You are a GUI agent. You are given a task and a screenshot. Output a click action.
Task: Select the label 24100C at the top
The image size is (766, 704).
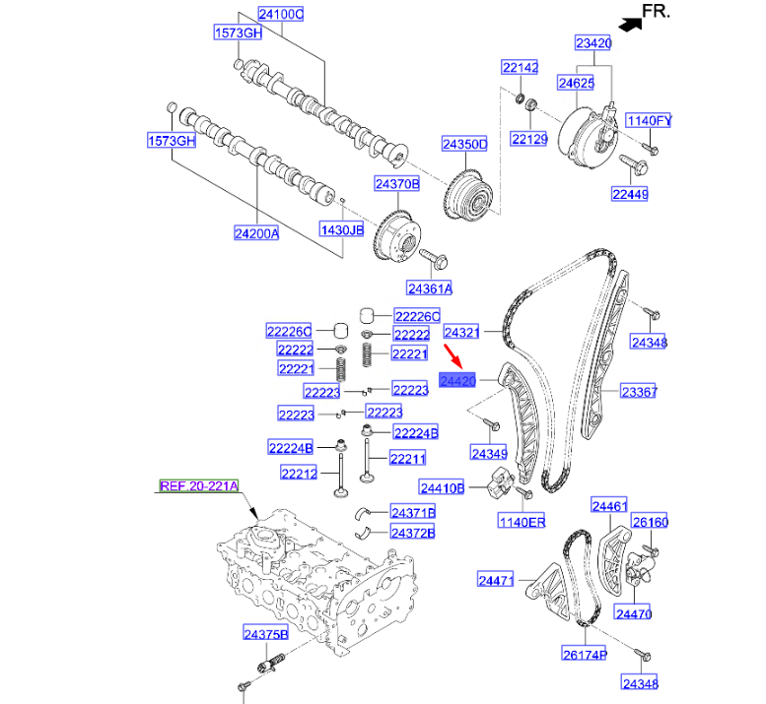pos(281,15)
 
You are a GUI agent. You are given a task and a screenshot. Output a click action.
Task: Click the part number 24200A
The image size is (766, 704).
pos(256,233)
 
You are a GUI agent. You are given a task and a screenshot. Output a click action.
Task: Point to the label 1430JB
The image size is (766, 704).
pos(341,229)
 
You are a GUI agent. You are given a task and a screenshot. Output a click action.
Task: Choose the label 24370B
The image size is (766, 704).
pos(396,183)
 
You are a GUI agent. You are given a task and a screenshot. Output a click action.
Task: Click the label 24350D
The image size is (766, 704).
pos(464,144)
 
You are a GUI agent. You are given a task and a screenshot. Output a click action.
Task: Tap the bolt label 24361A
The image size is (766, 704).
pos(429,288)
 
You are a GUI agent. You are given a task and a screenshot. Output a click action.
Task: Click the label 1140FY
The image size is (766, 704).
pos(650,121)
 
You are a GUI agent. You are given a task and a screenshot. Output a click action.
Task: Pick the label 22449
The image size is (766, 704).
pos(629,195)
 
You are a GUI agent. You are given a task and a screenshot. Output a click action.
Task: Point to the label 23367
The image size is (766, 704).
pos(638,392)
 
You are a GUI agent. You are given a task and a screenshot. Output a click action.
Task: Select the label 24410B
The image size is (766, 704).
pos(442,487)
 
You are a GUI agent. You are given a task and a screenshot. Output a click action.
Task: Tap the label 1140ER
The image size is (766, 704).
pos(522,521)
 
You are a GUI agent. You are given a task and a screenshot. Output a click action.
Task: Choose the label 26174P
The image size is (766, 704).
pos(585,653)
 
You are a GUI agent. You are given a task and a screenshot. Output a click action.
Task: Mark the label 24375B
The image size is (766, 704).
pos(266,633)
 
